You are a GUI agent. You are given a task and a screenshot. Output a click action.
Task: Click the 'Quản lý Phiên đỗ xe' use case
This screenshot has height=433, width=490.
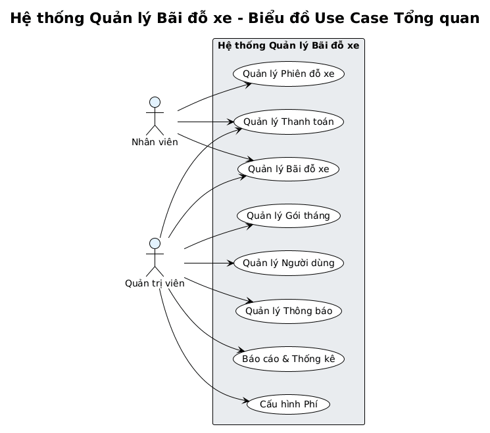[x=288, y=74]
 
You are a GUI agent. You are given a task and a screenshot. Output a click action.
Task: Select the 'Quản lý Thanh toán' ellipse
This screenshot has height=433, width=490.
[x=288, y=122]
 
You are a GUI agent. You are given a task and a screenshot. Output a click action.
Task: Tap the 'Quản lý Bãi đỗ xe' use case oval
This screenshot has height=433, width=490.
[x=288, y=169]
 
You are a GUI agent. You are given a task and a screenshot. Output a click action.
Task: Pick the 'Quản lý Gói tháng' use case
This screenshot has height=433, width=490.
[x=288, y=216]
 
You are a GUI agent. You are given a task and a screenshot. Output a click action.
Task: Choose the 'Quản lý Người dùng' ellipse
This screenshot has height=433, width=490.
[x=288, y=263]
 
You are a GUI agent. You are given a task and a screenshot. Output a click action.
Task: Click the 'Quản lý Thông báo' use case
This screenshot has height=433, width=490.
[x=288, y=311]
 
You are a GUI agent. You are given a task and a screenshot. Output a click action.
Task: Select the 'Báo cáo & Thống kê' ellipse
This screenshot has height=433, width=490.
[x=288, y=359]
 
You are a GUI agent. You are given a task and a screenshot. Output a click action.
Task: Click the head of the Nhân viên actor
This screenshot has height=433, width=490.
[x=155, y=102]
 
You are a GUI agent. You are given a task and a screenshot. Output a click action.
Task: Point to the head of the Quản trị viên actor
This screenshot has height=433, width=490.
[x=155, y=244]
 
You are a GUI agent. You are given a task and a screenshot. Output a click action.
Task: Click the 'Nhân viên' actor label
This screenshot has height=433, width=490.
[x=155, y=142]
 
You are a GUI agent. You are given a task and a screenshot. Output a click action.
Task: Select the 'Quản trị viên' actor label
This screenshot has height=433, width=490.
[x=155, y=283]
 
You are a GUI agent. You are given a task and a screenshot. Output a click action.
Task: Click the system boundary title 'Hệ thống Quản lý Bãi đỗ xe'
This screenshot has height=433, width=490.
[x=288, y=45]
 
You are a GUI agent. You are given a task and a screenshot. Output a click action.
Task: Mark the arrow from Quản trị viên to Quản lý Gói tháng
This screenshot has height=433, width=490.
[x=217, y=235]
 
